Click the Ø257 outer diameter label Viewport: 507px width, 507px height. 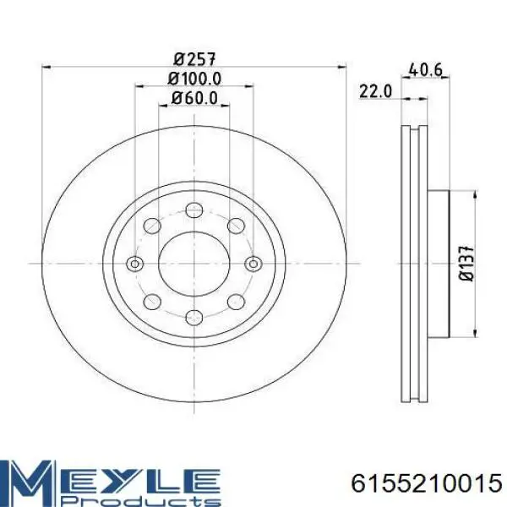click(x=194, y=59)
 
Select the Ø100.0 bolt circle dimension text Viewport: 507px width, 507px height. click(x=194, y=79)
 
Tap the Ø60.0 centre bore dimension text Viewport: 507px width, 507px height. click(x=194, y=98)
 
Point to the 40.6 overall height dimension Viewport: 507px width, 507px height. click(x=425, y=70)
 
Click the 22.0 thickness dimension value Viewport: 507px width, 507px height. click(x=375, y=91)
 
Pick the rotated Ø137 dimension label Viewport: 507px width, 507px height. click(x=467, y=263)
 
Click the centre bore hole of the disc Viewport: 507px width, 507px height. click(x=194, y=264)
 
